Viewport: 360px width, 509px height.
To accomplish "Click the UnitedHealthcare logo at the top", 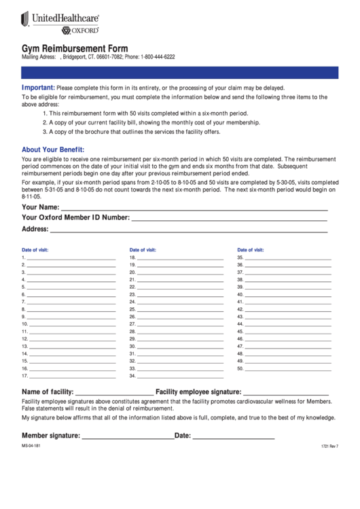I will (61, 20).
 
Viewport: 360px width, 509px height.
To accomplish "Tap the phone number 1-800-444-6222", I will (158, 57).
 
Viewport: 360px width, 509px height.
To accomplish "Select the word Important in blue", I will (38, 88).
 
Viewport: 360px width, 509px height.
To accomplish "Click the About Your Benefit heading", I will (53, 150).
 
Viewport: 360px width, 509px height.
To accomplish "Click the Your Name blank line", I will (194, 209).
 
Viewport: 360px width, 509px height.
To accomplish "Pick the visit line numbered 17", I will (71, 376).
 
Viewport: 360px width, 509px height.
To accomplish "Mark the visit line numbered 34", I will (181, 376).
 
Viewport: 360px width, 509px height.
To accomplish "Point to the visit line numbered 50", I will (288, 369).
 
